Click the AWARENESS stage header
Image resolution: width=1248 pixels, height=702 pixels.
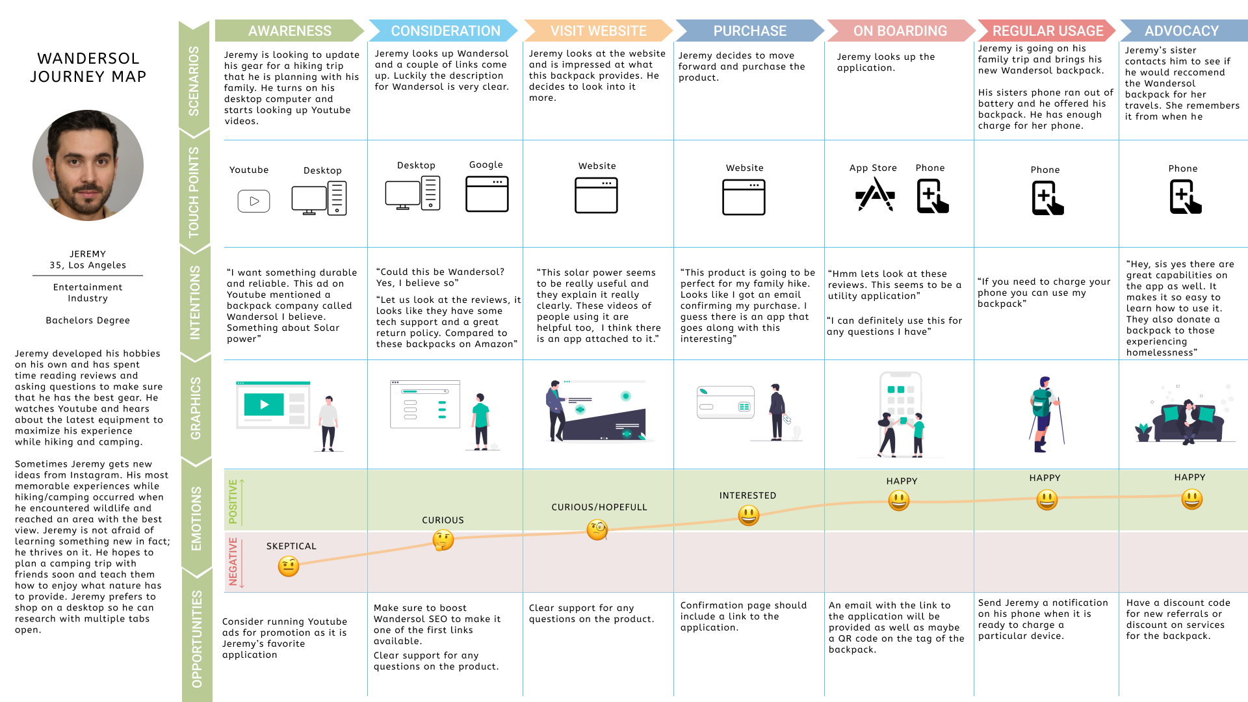click(x=289, y=31)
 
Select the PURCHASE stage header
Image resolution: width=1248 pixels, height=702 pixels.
click(x=749, y=31)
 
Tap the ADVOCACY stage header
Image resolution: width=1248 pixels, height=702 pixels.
click(x=1181, y=31)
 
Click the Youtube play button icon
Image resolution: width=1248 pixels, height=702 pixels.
click(x=253, y=201)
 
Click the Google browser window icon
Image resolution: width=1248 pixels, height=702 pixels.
click(x=487, y=194)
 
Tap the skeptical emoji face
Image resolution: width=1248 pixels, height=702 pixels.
click(x=289, y=566)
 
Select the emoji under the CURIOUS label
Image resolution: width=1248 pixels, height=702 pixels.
click(x=443, y=539)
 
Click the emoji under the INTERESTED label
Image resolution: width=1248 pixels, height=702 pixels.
click(x=749, y=515)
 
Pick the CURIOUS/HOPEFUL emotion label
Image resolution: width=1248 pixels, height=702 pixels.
click(x=599, y=507)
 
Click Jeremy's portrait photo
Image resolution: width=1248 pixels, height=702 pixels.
click(x=88, y=165)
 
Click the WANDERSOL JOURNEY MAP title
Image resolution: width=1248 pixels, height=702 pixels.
click(x=88, y=68)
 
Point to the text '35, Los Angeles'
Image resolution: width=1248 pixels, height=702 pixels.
click(x=88, y=265)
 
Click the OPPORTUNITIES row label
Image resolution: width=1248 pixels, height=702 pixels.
click(x=196, y=638)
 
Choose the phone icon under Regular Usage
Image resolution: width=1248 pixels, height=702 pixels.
click(x=1047, y=198)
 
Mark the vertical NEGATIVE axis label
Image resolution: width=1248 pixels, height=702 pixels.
click(x=233, y=562)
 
